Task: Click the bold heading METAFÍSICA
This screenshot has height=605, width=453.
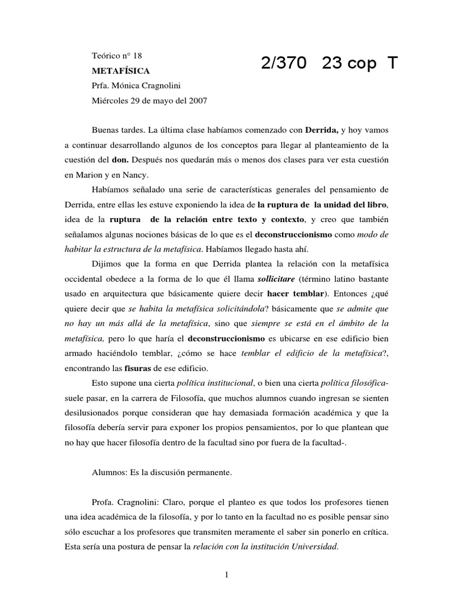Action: [x=117, y=70]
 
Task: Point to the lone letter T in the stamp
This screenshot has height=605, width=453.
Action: [x=392, y=64]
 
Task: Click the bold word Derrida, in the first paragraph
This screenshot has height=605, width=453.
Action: [x=322, y=129]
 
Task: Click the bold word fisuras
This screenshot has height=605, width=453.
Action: [x=139, y=367]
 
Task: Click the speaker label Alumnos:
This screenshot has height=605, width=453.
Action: [x=110, y=472]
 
